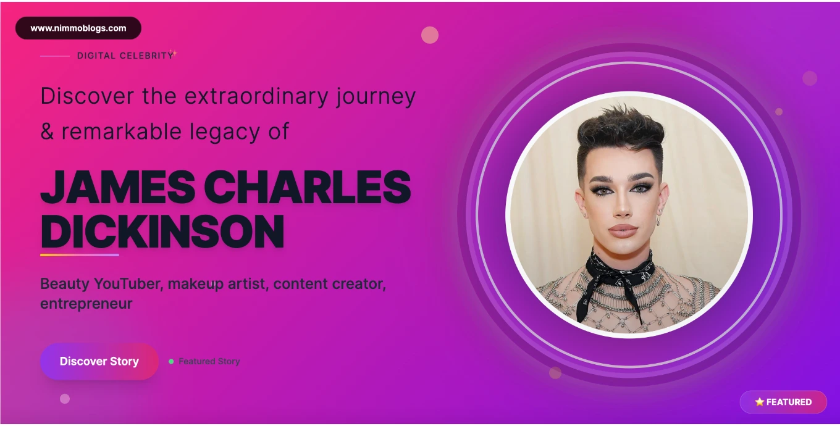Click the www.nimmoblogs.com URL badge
click(x=78, y=28)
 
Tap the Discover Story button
click(x=99, y=362)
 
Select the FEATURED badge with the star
click(x=783, y=402)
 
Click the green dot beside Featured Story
click(x=171, y=362)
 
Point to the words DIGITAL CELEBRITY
click(x=125, y=56)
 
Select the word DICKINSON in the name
click(x=162, y=232)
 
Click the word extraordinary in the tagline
click(x=256, y=96)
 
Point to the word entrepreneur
click(x=86, y=304)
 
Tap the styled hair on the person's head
click(x=621, y=130)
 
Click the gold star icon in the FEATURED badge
click(x=759, y=402)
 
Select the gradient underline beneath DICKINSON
click(x=80, y=255)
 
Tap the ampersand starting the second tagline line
click(x=47, y=132)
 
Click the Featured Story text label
click(x=209, y=362)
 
